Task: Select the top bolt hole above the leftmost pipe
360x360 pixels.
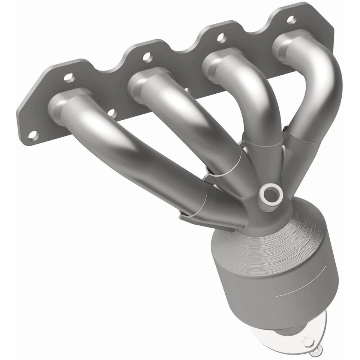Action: (69, 78)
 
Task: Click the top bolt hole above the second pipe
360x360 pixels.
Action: (147, 57)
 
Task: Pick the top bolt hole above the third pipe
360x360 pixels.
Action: (221, 37)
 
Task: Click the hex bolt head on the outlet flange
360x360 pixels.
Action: (307, 341)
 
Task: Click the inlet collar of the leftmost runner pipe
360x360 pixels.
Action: (60, 107)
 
